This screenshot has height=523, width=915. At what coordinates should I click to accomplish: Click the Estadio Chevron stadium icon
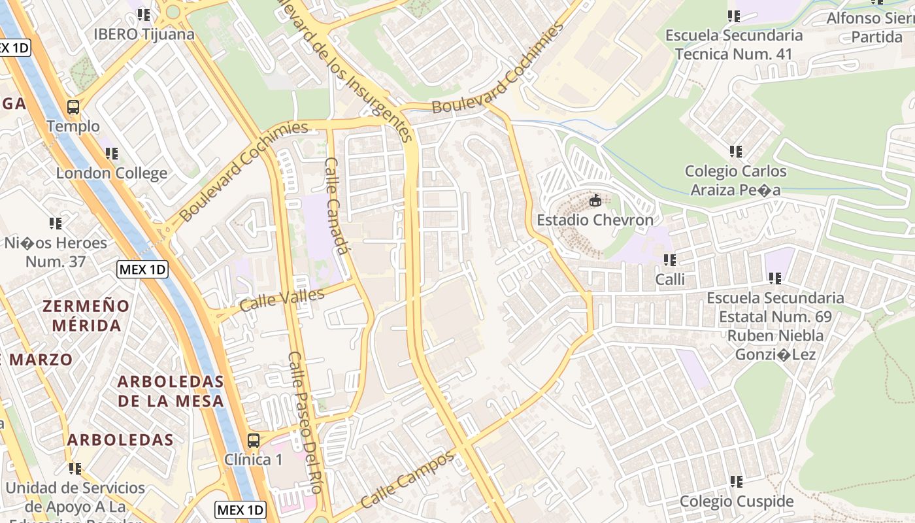[x=595, y=201]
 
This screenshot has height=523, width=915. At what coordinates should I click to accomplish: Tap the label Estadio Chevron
[x=595, y=220]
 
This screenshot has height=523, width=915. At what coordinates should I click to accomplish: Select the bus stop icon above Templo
[x=73, y=107]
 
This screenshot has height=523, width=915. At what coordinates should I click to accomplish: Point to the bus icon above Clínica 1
[x=254, y=441]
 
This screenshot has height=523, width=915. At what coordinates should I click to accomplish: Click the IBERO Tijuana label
[x=144, y=34]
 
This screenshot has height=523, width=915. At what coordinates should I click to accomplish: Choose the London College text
[x=112, y=173]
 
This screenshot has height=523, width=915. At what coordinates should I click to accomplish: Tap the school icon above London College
[x=112, y=154]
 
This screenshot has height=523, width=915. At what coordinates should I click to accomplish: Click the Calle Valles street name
[x=282, y=300]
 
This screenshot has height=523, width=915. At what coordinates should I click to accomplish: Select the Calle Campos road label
[x=407, y=480]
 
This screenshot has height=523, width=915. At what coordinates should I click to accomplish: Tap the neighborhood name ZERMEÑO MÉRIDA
[x=86, y=315]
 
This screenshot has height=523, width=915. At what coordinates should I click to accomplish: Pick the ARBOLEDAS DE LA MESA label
[x=171, y=391]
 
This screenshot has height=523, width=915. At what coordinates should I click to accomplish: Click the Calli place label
[x=670, y=280]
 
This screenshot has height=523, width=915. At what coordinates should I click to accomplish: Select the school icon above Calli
[x=670, y=260]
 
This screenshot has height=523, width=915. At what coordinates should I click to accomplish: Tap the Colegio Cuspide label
[x=737, y=501]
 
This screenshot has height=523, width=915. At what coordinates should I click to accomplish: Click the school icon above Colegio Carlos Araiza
[x=736, y=152]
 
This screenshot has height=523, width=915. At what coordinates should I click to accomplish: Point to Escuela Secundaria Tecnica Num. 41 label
[x=734, y=44]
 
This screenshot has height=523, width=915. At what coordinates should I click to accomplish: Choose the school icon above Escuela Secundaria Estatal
[x=775, y=278]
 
